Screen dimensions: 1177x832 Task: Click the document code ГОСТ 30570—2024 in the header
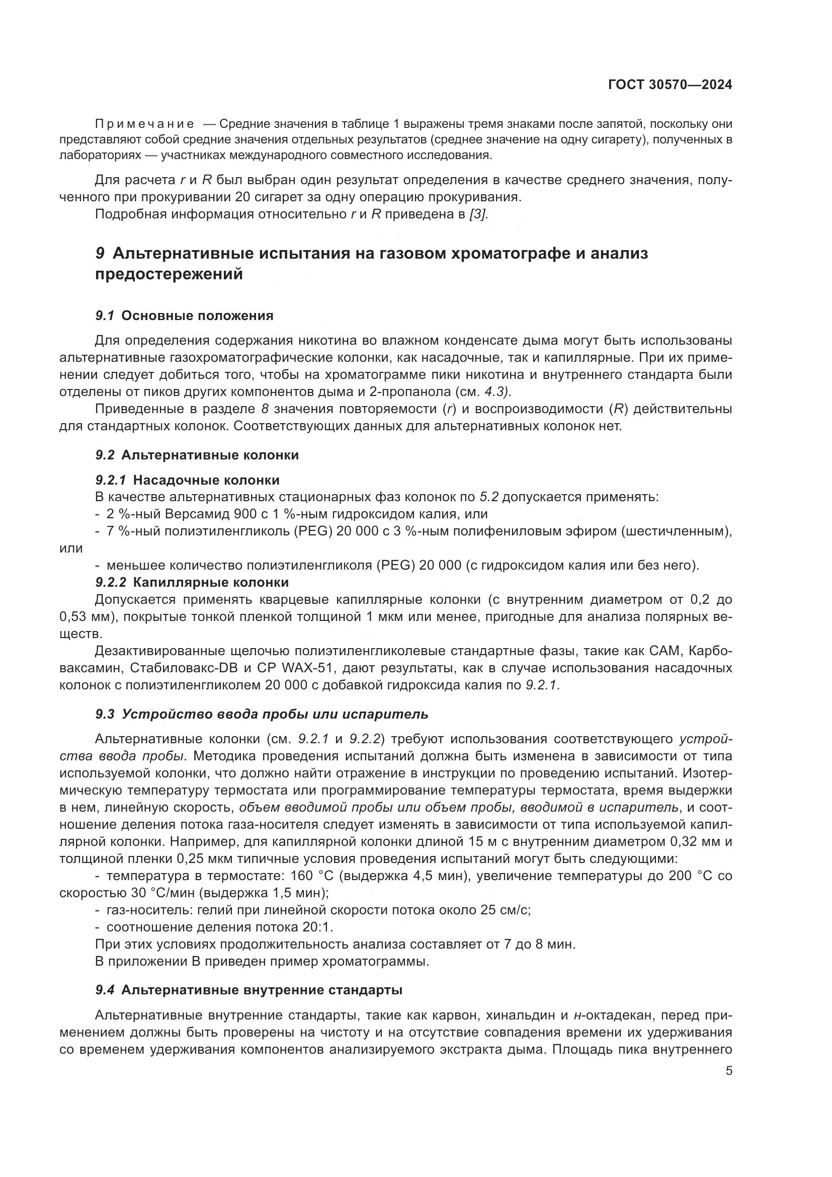pyautogui.click(x=670, y=85)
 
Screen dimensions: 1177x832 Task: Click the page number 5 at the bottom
pyautogui.click(x=729, y=1071)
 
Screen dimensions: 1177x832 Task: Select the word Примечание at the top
pyautogui.click(x=144, y=124)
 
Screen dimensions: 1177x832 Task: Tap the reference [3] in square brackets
pyautogui.click(x=478, y=214)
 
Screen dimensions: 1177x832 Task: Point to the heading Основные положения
pyautogui.click(x=197, y=316)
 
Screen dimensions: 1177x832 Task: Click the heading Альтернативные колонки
pyautogui.click(x=210, y=455)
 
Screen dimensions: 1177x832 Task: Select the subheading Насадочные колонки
pyautogui.click(x=206, y=481)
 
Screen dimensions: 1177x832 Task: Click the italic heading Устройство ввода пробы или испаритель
pyautogui.click(x=275, y=714)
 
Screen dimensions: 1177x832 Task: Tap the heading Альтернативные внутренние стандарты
pyautogui.click(x=261, y=990)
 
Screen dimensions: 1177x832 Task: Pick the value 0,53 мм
pyautogui.click(x=85, y=617)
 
